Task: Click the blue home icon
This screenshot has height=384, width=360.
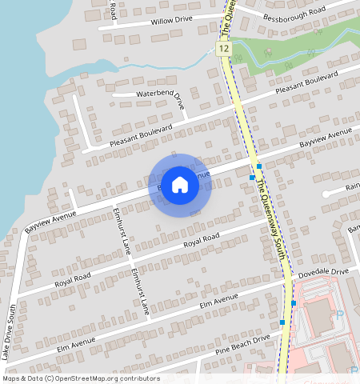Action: pyautogui.click(x=180, y=185)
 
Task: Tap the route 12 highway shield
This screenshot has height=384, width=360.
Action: pyautogui.click(x=222, y=50)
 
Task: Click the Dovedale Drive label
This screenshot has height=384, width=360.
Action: pyautogui.click(x=323, y=273)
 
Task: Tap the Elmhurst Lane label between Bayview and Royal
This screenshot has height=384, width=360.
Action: pyautogui.click(x=122, y=230)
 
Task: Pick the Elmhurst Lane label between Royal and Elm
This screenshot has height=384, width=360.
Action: pyautogui.click(x=140, y=291)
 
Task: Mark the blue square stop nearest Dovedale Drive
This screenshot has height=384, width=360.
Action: pyautogui.click(x=294, y=302)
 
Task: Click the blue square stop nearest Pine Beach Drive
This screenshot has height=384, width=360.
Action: pyautogui.click(x=282, y=322)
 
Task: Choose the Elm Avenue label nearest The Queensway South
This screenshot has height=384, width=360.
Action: pyautogui.click(x=219, y=302)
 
